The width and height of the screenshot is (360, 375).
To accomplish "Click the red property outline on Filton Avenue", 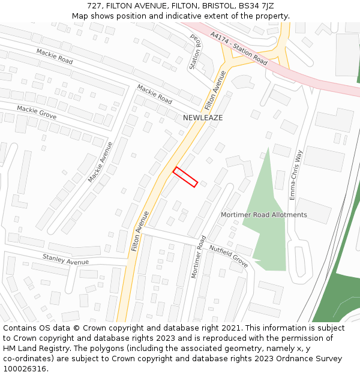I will pos(185,177).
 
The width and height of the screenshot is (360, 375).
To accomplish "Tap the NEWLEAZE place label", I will pos(203,118).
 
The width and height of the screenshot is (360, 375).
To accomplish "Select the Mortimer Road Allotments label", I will pos(264,215).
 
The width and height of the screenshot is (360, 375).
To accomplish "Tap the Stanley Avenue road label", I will pos(65,260).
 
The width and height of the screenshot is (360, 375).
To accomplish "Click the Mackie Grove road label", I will pos(37,112).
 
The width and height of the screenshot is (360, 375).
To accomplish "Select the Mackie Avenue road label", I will pos(100,162).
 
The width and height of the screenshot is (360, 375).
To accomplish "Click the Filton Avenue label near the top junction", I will pos(215,90).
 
